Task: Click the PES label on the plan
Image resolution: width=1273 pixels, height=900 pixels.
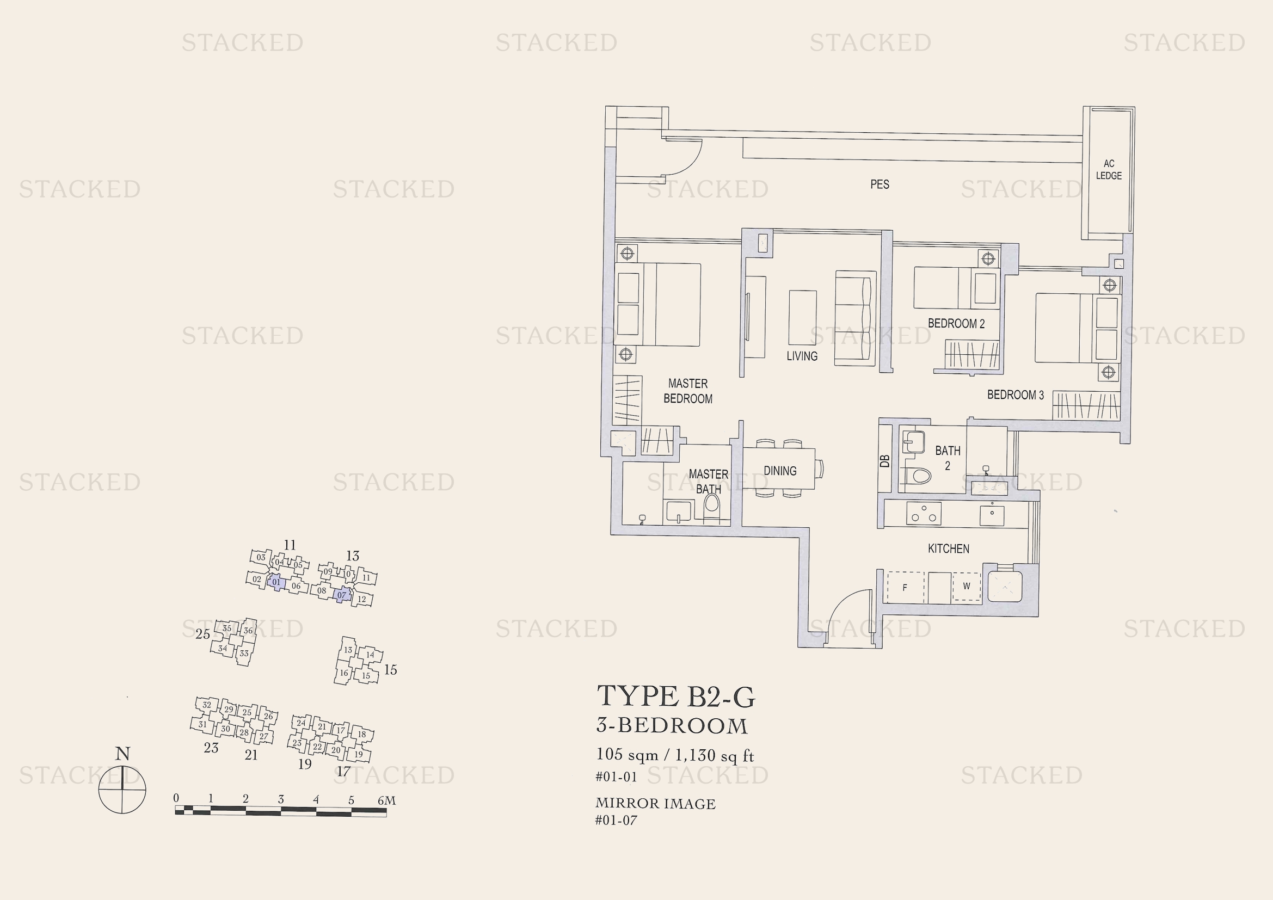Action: point(880,184)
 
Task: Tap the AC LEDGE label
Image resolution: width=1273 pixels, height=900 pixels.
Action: point(1108,170)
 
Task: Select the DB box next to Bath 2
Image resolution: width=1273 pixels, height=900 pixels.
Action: point(885,460)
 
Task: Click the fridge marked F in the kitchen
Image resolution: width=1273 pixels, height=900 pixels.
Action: point(905,588)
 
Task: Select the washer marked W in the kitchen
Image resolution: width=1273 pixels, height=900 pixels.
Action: point(967,587)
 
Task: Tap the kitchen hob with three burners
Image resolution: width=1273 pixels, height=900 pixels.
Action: point(924,513)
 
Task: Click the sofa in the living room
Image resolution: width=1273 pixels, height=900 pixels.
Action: point(856,318)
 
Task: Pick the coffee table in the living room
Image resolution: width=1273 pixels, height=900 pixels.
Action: point(802,318)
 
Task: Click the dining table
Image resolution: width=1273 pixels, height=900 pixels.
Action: point(779,469)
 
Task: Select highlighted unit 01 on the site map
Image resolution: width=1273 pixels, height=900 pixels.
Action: point(276,582)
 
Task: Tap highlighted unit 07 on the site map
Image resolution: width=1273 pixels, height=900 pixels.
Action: point(342,595)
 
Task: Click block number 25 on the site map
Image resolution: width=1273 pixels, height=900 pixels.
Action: point(202,634)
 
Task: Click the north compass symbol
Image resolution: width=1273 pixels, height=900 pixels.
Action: point(122,789)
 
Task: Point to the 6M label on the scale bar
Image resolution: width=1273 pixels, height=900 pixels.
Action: point(386,800)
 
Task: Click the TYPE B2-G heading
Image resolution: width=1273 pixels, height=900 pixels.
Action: point(675,696)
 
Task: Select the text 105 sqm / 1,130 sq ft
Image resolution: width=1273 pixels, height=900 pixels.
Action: point(675,755)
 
